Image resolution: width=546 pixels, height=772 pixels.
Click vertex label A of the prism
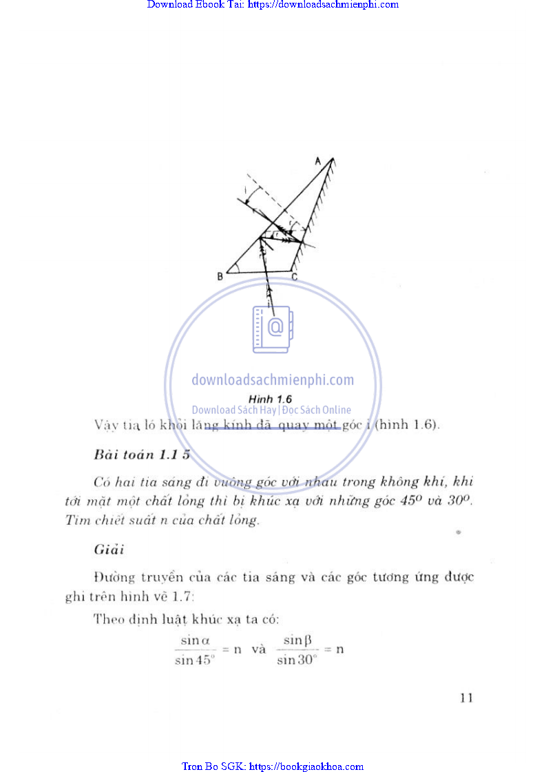(x=318, y=160)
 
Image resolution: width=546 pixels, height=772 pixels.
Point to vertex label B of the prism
(x=220, y=276)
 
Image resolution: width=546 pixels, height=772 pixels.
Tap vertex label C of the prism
(x=294, y=277)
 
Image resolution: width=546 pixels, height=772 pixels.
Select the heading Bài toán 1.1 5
(x=142, y=455)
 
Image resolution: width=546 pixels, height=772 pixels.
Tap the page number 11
(x=466, y=698)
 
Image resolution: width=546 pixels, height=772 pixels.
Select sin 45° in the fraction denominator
(x=196, y=660)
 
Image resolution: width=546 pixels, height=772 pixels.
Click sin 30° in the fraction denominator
(x=297, y=660)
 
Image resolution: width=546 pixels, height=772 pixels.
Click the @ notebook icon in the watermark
(x=273, y=328)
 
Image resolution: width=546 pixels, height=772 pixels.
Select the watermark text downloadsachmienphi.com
(x=273, y=379)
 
